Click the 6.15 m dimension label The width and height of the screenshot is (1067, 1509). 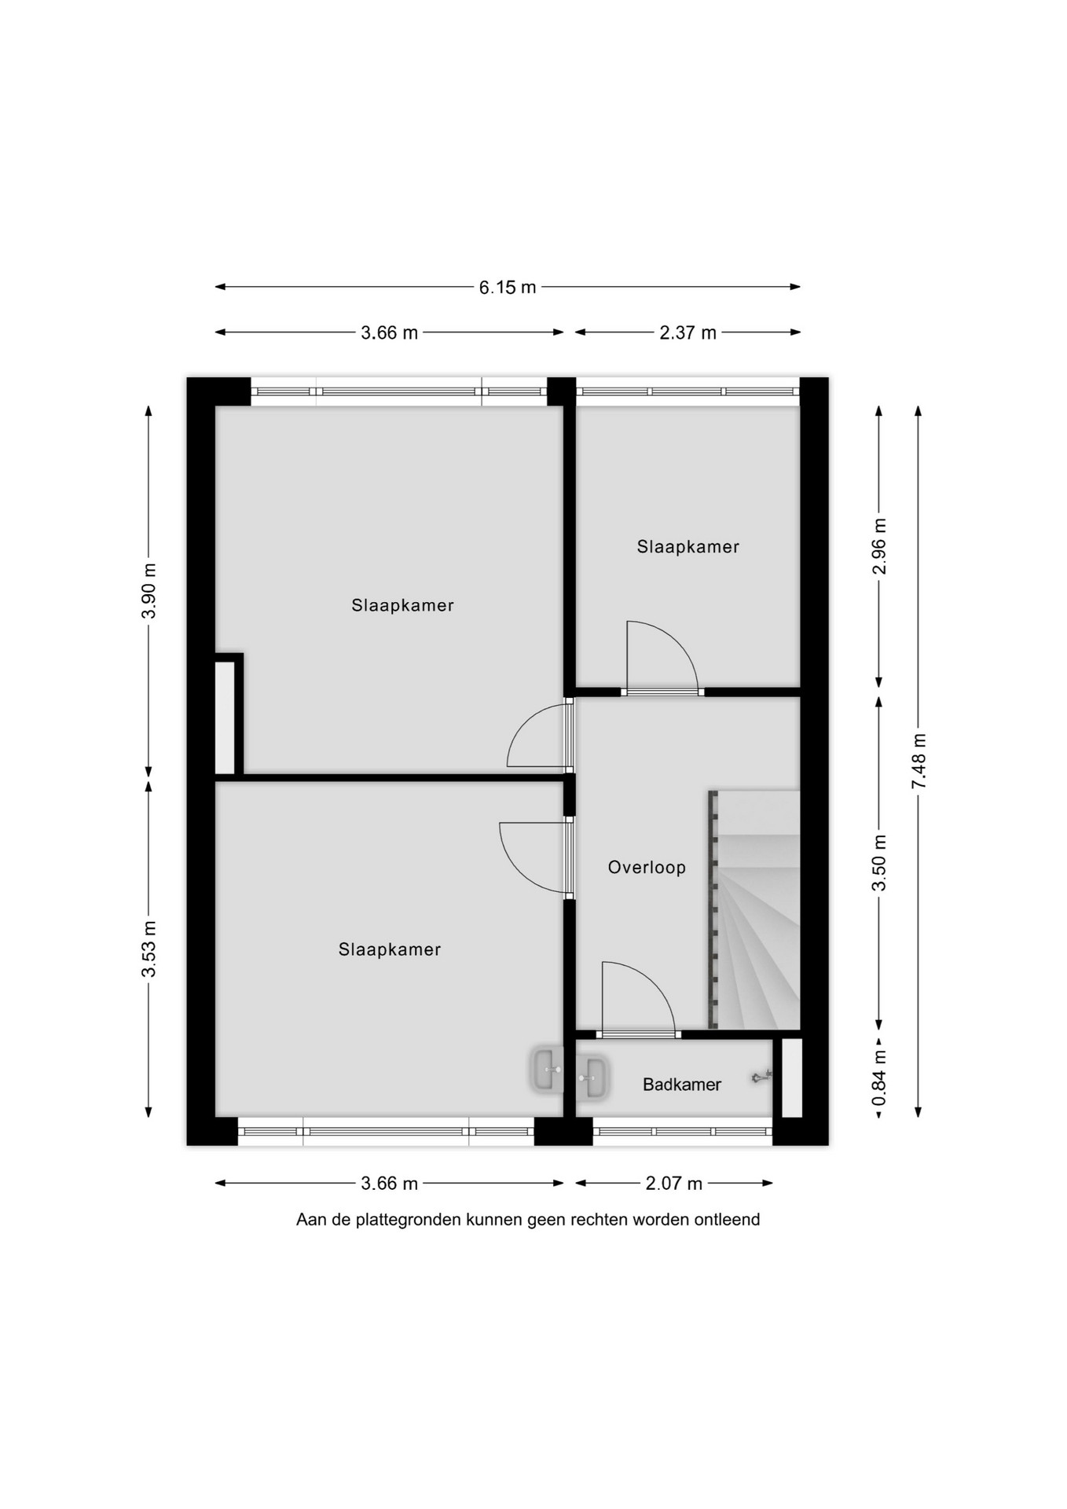[x=508, y=288]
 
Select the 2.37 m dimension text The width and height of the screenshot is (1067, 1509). [x=687, y=333]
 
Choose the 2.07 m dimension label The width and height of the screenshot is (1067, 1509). [x=674, y=1184]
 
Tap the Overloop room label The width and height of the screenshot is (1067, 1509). [x=647, y=868]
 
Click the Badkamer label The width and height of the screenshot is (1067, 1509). [x=682, y=1085]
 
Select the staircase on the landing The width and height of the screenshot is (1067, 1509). [x=754, y=910]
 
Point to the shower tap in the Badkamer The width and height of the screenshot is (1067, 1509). [x=761, y=1077]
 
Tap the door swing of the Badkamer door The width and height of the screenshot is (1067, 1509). [x=638, y=996]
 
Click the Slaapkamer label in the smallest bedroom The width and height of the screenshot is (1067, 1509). [x=688, y=547]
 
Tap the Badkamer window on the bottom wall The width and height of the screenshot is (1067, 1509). [x=683, y=1132]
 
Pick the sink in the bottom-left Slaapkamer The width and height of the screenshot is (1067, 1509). [x=547, y=1070]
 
